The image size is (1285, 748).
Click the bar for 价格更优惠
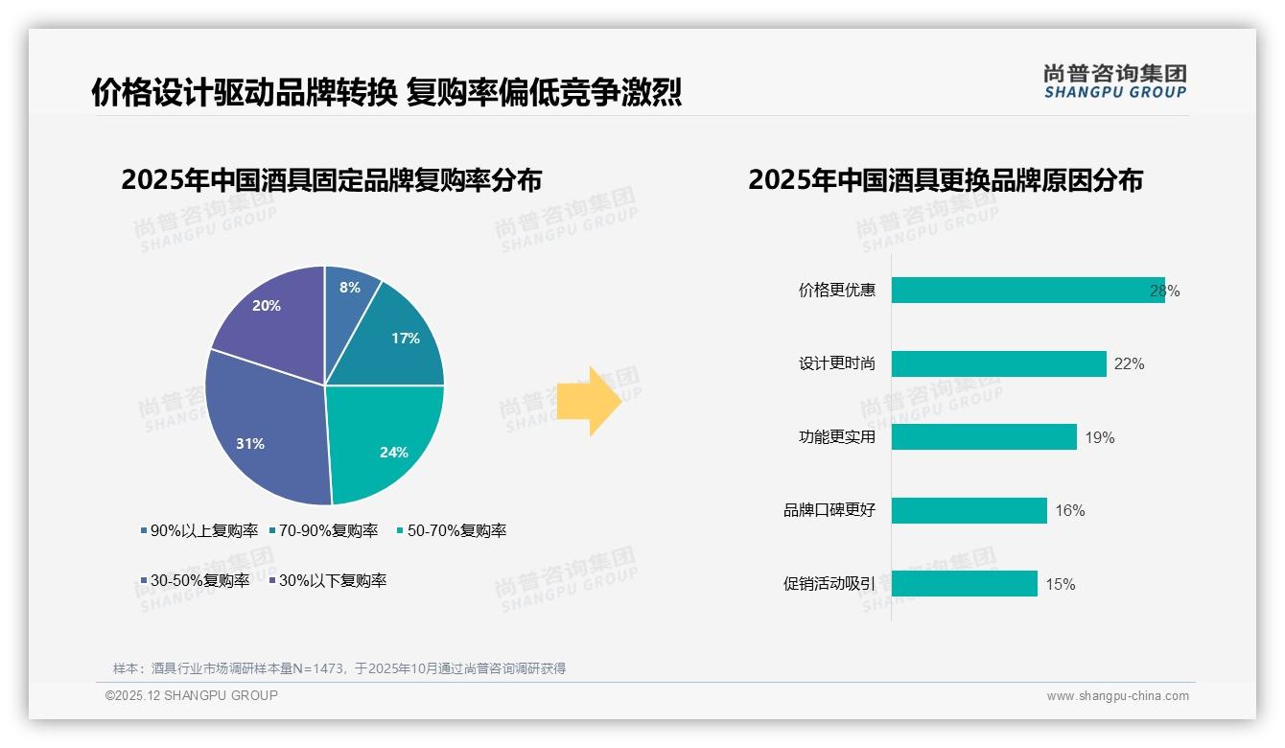click(x=1026, y=291)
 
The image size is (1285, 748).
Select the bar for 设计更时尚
click(x=997, y=364)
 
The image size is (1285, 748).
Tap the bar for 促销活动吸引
click(x=964, y=584)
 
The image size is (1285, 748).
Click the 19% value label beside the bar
click(x=1099, y=438)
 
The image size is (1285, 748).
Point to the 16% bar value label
click(x=1069, y=511)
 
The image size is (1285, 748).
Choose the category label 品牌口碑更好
click(x=829, y=511)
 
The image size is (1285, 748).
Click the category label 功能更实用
click(x=836, y=438)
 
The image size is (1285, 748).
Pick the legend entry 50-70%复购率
click(x=452, y=531)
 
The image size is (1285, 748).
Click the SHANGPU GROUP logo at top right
click(x=1114, y=82)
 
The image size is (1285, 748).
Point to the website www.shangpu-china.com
click(x=1117, y=696)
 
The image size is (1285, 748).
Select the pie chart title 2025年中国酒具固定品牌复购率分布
click(x=331, y=180)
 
